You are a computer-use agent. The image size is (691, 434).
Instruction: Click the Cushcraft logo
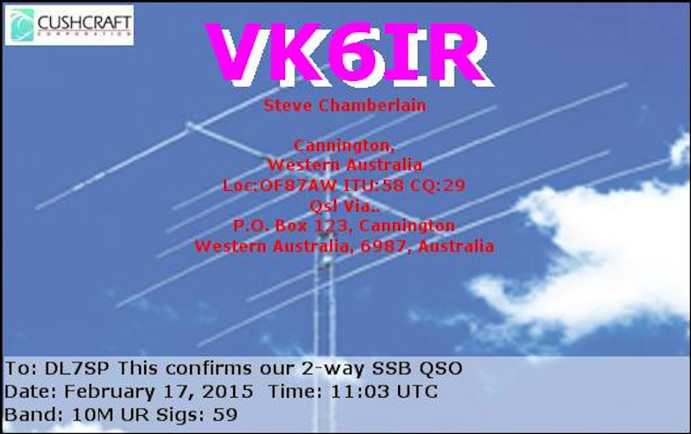coord(69,25)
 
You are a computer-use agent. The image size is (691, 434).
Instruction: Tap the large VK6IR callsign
coord(349,53)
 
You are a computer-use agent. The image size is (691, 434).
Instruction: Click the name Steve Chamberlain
coord(345,105)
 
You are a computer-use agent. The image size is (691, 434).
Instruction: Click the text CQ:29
coord(438,185)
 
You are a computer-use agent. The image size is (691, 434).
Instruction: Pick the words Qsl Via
coord(345,205)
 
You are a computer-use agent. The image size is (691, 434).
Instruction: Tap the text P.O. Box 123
coord(290,225)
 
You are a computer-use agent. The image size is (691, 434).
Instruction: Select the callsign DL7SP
coord(77,368)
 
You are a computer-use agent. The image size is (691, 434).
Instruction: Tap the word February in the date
coord(110,392)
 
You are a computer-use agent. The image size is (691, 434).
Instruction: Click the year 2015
coord(227,392)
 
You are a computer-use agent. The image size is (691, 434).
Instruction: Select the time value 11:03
coord(359,392)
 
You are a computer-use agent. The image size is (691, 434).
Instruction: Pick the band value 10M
coord(92,415)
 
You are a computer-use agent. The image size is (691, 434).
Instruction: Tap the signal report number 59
coord(225,415)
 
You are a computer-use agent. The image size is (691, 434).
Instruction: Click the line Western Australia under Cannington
coord(345,165)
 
